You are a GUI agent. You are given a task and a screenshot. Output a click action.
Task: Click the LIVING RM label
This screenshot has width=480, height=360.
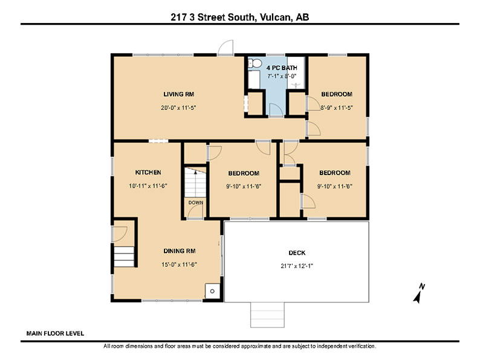(x=178, y=94)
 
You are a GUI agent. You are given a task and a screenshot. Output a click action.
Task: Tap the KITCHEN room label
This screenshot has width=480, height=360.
(x=148, y=173)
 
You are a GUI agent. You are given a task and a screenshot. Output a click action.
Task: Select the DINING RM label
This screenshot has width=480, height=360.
(x=180, y=251)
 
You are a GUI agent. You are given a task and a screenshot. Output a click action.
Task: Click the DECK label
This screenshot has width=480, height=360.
(x=297, y=253)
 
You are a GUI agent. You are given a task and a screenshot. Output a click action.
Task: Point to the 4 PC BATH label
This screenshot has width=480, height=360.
(x=282, y=68)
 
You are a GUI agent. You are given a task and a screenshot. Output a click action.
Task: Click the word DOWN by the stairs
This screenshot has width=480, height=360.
(x=196, y=202)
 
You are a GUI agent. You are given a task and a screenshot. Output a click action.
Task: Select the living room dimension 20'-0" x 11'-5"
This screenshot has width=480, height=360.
(x=178, y=108)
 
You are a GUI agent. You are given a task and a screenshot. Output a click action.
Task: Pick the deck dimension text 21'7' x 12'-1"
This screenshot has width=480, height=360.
(x=297, y=266)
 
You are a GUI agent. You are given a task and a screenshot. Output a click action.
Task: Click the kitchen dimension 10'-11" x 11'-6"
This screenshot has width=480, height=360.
(x=148, y=186)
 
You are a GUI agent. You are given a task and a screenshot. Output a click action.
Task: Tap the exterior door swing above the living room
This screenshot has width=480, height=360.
(x=225, y=47)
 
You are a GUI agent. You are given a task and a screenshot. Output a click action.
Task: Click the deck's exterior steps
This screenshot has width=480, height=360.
(x=267, y=315)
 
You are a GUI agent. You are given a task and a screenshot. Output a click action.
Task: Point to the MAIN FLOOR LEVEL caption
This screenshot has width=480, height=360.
(x=55, y=333)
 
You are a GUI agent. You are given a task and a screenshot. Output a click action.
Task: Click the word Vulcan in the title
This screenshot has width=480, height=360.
(x=274, y=17)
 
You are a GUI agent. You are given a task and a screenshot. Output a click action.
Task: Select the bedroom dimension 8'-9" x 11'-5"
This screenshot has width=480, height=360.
(x=337, y=108)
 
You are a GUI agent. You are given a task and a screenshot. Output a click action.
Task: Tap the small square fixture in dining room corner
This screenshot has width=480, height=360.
(x=212, y=291)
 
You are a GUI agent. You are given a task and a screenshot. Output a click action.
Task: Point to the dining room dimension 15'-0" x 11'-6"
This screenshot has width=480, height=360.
(x=179, y=265)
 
